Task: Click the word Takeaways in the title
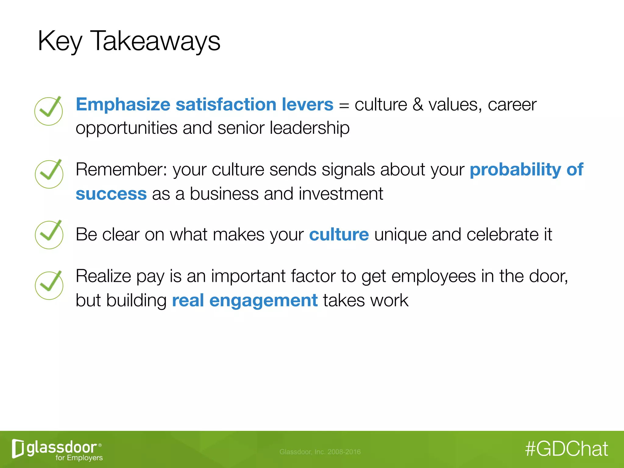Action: (155, 41)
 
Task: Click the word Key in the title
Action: (60, 41)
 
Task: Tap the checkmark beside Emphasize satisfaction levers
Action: (49, 111)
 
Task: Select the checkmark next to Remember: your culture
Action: (49, 174)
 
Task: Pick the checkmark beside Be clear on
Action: (49, 235)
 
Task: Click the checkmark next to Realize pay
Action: (49, 285)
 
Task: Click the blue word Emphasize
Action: (123, 105)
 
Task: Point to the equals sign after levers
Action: (344, 105)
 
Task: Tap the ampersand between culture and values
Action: (418, 105)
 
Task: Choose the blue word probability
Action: (515, 169)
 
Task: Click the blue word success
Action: (111, 194)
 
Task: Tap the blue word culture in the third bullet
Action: (339, 235)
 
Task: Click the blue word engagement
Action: (264, 300)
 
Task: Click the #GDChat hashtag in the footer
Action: (566, 449)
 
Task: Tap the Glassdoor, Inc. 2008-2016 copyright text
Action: (320, 452)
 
